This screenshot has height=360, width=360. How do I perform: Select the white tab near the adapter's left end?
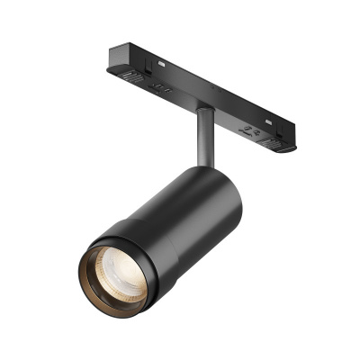158,63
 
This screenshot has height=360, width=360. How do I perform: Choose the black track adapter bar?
198,90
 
